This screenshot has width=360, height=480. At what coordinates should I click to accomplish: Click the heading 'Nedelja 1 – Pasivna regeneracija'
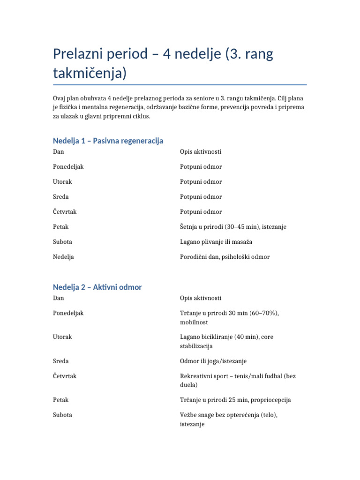[x=108, y=141]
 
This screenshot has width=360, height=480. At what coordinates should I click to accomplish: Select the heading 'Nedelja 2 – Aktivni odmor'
[x=97, y=287]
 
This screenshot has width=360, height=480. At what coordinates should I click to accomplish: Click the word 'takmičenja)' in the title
[x=90, y=73]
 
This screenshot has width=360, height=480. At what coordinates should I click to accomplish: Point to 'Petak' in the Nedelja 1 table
[x=61, y=227]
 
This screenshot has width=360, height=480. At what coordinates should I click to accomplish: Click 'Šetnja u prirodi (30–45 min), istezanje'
[x=233, y=227]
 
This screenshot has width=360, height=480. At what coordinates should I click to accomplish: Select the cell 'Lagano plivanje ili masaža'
[x=217, y=242]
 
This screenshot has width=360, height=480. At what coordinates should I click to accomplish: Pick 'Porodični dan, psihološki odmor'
[x=225, y=257]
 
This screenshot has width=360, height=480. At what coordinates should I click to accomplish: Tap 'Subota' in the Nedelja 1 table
[x=62, y=242]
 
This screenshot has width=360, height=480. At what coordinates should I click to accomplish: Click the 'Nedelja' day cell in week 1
[x=63, y=257]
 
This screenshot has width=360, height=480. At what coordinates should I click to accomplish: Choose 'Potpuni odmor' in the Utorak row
[x=201, y=182]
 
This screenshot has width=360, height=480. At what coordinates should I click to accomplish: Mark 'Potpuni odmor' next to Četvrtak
[x=201, y=212]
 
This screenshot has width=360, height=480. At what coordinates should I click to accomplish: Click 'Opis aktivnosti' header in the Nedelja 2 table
[x=201, y=298]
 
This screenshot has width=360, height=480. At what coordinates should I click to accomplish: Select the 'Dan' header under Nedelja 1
[x=59, y=152]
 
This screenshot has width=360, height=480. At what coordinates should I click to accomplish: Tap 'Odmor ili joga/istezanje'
[x=213, y=361]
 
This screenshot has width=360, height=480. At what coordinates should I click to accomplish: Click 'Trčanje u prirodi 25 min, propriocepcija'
[x=235, y=400]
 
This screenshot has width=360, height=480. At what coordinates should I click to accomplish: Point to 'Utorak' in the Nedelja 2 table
[x=62, y=337]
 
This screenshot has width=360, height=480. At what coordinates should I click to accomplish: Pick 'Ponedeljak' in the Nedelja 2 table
[x=68, y=313]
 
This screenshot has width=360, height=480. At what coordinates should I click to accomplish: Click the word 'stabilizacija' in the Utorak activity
[x=196, y=346]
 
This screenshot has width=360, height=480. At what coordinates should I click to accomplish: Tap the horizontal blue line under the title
[x=180, y=85]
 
